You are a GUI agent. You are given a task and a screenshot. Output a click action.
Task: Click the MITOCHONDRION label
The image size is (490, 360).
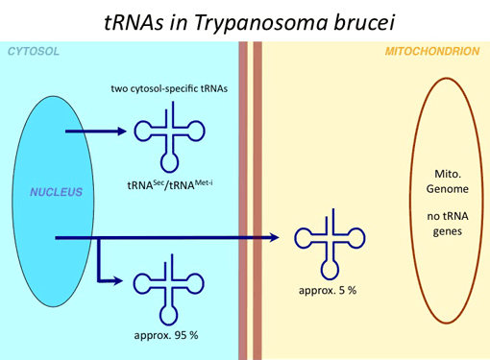coord(431,50)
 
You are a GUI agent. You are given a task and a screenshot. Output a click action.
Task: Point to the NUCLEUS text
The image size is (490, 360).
coord(56,192)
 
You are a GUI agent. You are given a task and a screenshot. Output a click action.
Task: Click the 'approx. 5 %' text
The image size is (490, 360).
coord(328,289)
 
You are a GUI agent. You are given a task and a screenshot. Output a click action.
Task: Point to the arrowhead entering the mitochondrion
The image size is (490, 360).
coord(278,237)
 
